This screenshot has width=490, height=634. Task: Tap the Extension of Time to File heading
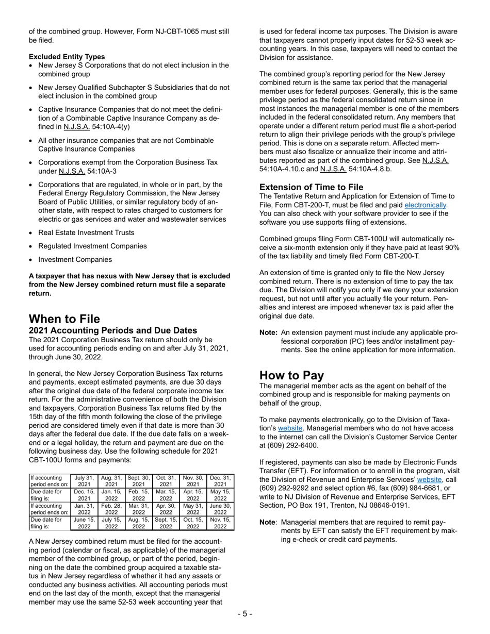pyautogui.click(x=311, y=187)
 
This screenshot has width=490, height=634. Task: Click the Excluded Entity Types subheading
pyautogui.click(x=67, y=57)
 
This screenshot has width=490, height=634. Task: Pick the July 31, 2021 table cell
pyautogui.click(x=84, y=481)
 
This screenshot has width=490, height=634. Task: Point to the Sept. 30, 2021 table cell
pyautogui.click(x=138, y=481)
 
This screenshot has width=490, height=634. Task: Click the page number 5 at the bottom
pyautogui.click(x=245, y=614)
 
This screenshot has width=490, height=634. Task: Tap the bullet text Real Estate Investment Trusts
pyautogui.click(x=86, y=232)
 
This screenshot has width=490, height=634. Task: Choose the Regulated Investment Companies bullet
pyautogui.click(x=92, y=246)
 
